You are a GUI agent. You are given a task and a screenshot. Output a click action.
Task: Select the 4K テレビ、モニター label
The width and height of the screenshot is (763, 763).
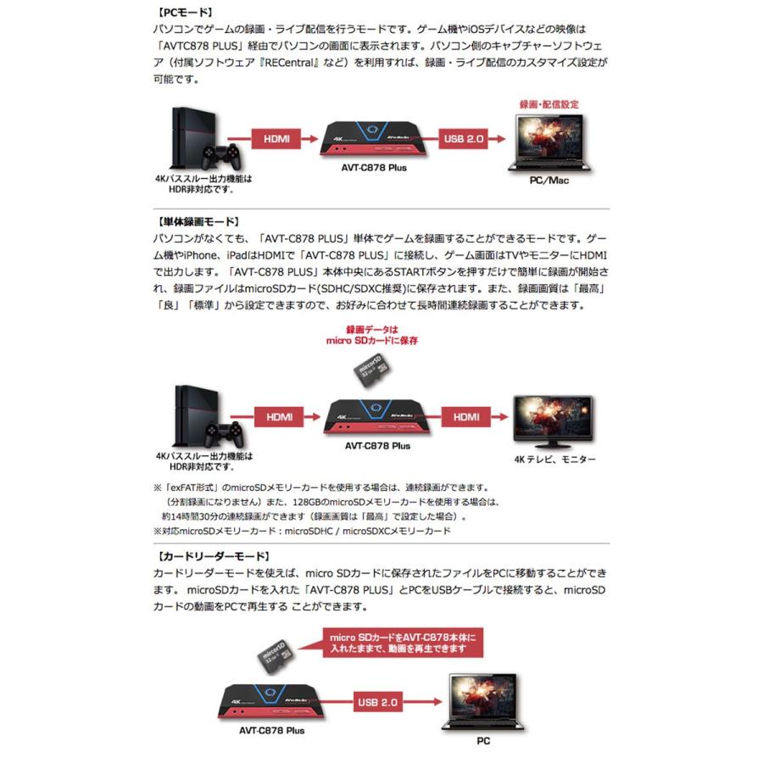point(554,459)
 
